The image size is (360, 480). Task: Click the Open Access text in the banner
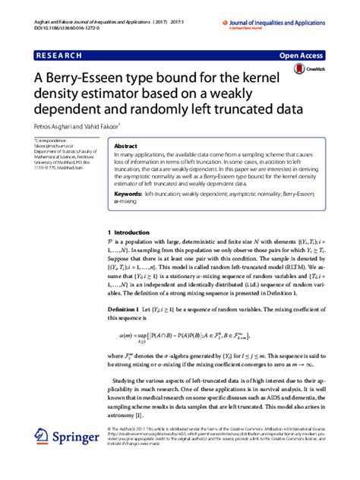pyautogui.click(x=302, y=56)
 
